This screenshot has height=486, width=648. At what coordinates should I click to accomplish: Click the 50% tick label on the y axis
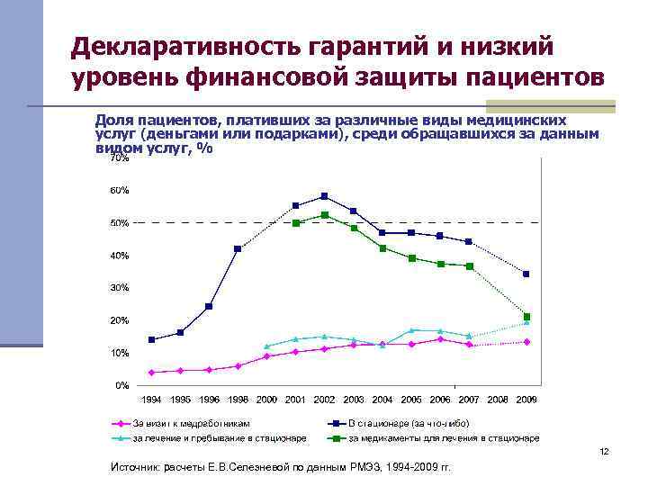point(120,223)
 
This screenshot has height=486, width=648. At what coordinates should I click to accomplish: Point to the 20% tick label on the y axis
point(120,320)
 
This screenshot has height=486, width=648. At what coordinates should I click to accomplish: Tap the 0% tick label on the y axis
point(121,385)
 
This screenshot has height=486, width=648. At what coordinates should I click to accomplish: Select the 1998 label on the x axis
point(238,399)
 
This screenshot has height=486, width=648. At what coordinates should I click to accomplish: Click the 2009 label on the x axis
point(526,399)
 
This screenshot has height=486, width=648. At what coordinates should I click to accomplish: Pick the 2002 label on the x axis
point(324,399)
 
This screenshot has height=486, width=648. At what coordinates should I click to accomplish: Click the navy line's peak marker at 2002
point(325,196)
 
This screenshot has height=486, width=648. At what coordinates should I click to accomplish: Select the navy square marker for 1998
point(238,248)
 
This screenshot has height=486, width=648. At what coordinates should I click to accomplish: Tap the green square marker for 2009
point(526,317)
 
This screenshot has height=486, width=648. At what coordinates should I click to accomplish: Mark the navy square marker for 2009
point(526,274)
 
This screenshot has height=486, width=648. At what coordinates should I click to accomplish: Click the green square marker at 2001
point(295,222)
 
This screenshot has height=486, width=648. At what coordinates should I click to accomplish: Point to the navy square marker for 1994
point(151,339)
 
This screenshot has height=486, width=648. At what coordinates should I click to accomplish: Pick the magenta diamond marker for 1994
point(151,372)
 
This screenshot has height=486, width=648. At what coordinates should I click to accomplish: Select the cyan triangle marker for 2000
point(266,346)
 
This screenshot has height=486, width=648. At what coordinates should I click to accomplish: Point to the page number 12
point(604,452)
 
